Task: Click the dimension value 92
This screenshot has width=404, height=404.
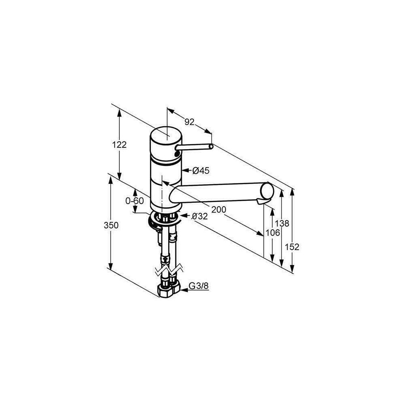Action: tap(189, 122)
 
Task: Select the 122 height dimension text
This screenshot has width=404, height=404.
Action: tap(119, 145)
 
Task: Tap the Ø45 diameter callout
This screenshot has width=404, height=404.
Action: tap(201, 170)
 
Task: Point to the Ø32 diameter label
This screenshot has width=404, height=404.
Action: tap(200, 216)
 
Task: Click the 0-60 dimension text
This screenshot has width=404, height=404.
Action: tap(135, 200)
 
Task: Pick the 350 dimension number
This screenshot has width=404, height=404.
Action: tap(111, 225)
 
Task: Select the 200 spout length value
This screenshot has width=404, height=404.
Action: tap(219, 210)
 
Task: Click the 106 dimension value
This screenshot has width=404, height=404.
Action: tap(273, 233)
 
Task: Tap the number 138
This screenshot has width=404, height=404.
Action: tap(282, 223)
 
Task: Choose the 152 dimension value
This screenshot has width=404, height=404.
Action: tap(292, 247)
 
